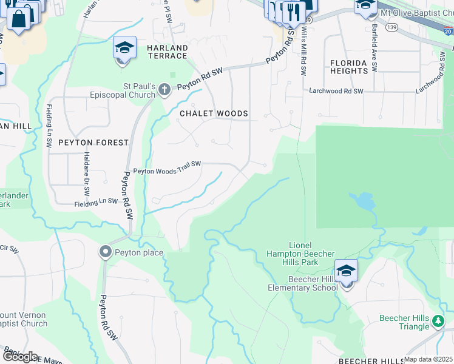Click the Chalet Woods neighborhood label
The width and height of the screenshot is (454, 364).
(x=214, y=113)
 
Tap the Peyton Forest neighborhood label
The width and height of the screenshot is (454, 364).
(x=93, y=143)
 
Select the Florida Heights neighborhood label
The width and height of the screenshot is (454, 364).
(x=349, y=67)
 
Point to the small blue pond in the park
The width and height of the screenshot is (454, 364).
(x=363, y=200)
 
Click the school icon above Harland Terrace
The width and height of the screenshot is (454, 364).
(x=124, y=48)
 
